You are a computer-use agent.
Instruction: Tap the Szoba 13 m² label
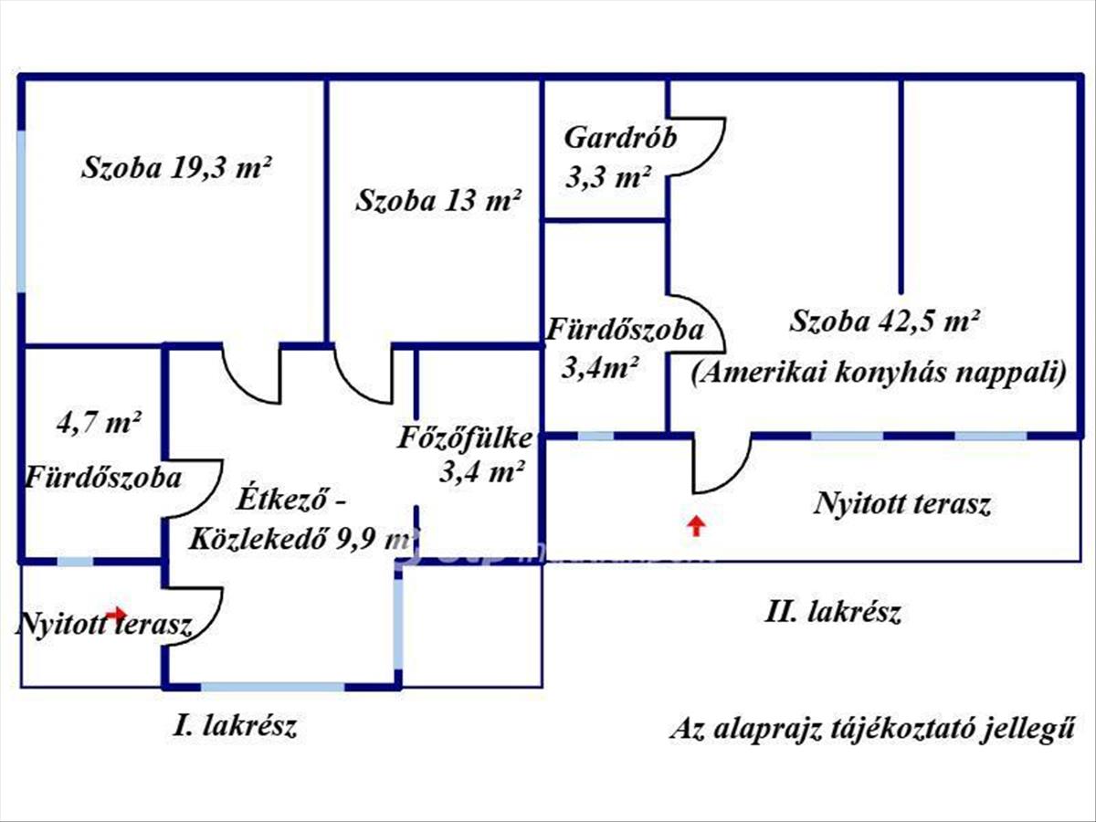438,200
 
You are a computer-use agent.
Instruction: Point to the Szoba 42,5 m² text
885,321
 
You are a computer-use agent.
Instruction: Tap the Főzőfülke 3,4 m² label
464,453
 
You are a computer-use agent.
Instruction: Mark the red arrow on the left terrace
116,613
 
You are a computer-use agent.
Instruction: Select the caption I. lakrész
237,727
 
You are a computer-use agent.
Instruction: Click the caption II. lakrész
832,612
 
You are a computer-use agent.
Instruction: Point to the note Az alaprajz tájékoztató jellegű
871,730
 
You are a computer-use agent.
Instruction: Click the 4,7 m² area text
98,423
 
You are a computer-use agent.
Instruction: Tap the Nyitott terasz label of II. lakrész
902,504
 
